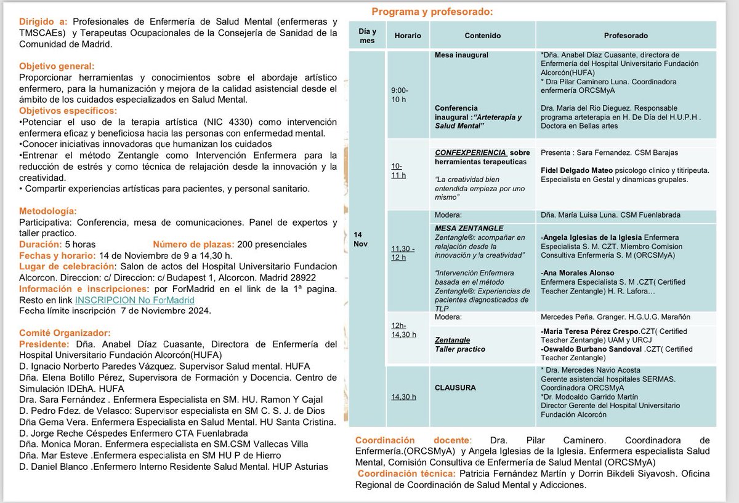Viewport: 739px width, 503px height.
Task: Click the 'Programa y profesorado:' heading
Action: pyautogui.click(x=432, y=12)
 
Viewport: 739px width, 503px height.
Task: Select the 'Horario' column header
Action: pyautogui.click(x=408, y=36)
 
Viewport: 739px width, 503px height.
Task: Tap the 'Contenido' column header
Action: pyautogui.click(x=482, y=36)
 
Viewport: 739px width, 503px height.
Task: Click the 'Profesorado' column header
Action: pyautogui.click(x=626, y=36)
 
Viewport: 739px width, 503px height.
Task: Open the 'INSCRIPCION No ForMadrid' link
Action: pyautogui.click(x=134, y=300)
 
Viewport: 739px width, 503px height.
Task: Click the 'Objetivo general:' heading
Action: pyautogui.click(x=56, y=66)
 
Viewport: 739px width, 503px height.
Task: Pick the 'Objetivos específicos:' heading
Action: pyautogui.click(x=68, y=111)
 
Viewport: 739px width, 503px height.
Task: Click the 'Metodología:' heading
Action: pyautogui.click(x=48, y=211)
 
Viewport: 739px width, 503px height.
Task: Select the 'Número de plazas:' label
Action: pyautogui.click(x=189, y=244)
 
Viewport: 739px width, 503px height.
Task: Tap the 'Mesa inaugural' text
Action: pyautogui.click(x=461, y=55)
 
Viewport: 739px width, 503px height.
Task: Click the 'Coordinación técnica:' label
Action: pyautogui.click(x=405, y=473)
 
